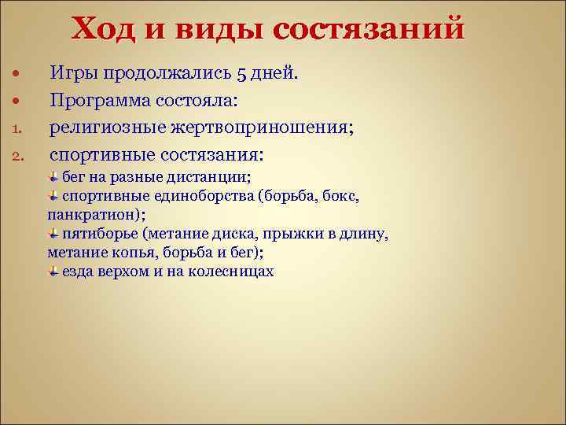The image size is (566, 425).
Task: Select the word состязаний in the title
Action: (369, 30)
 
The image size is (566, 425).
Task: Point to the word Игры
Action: (75, 74)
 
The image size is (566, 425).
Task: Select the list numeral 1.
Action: (15, 126)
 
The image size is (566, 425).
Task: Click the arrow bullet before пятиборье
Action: (52, 234)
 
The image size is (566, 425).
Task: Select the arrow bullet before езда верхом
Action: (52, 272)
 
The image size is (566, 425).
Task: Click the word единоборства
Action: (207, 195)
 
